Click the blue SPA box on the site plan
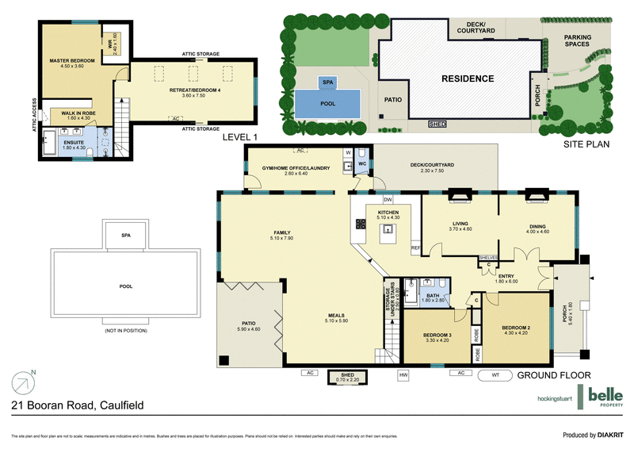coord(327,82)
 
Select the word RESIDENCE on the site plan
coord(468,79)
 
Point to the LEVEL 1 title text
coord(240,137)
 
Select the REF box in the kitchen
coord(415,248)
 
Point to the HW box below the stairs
coord(403,374)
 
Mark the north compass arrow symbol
coord(25,382)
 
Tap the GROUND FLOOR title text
coord(556,375)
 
